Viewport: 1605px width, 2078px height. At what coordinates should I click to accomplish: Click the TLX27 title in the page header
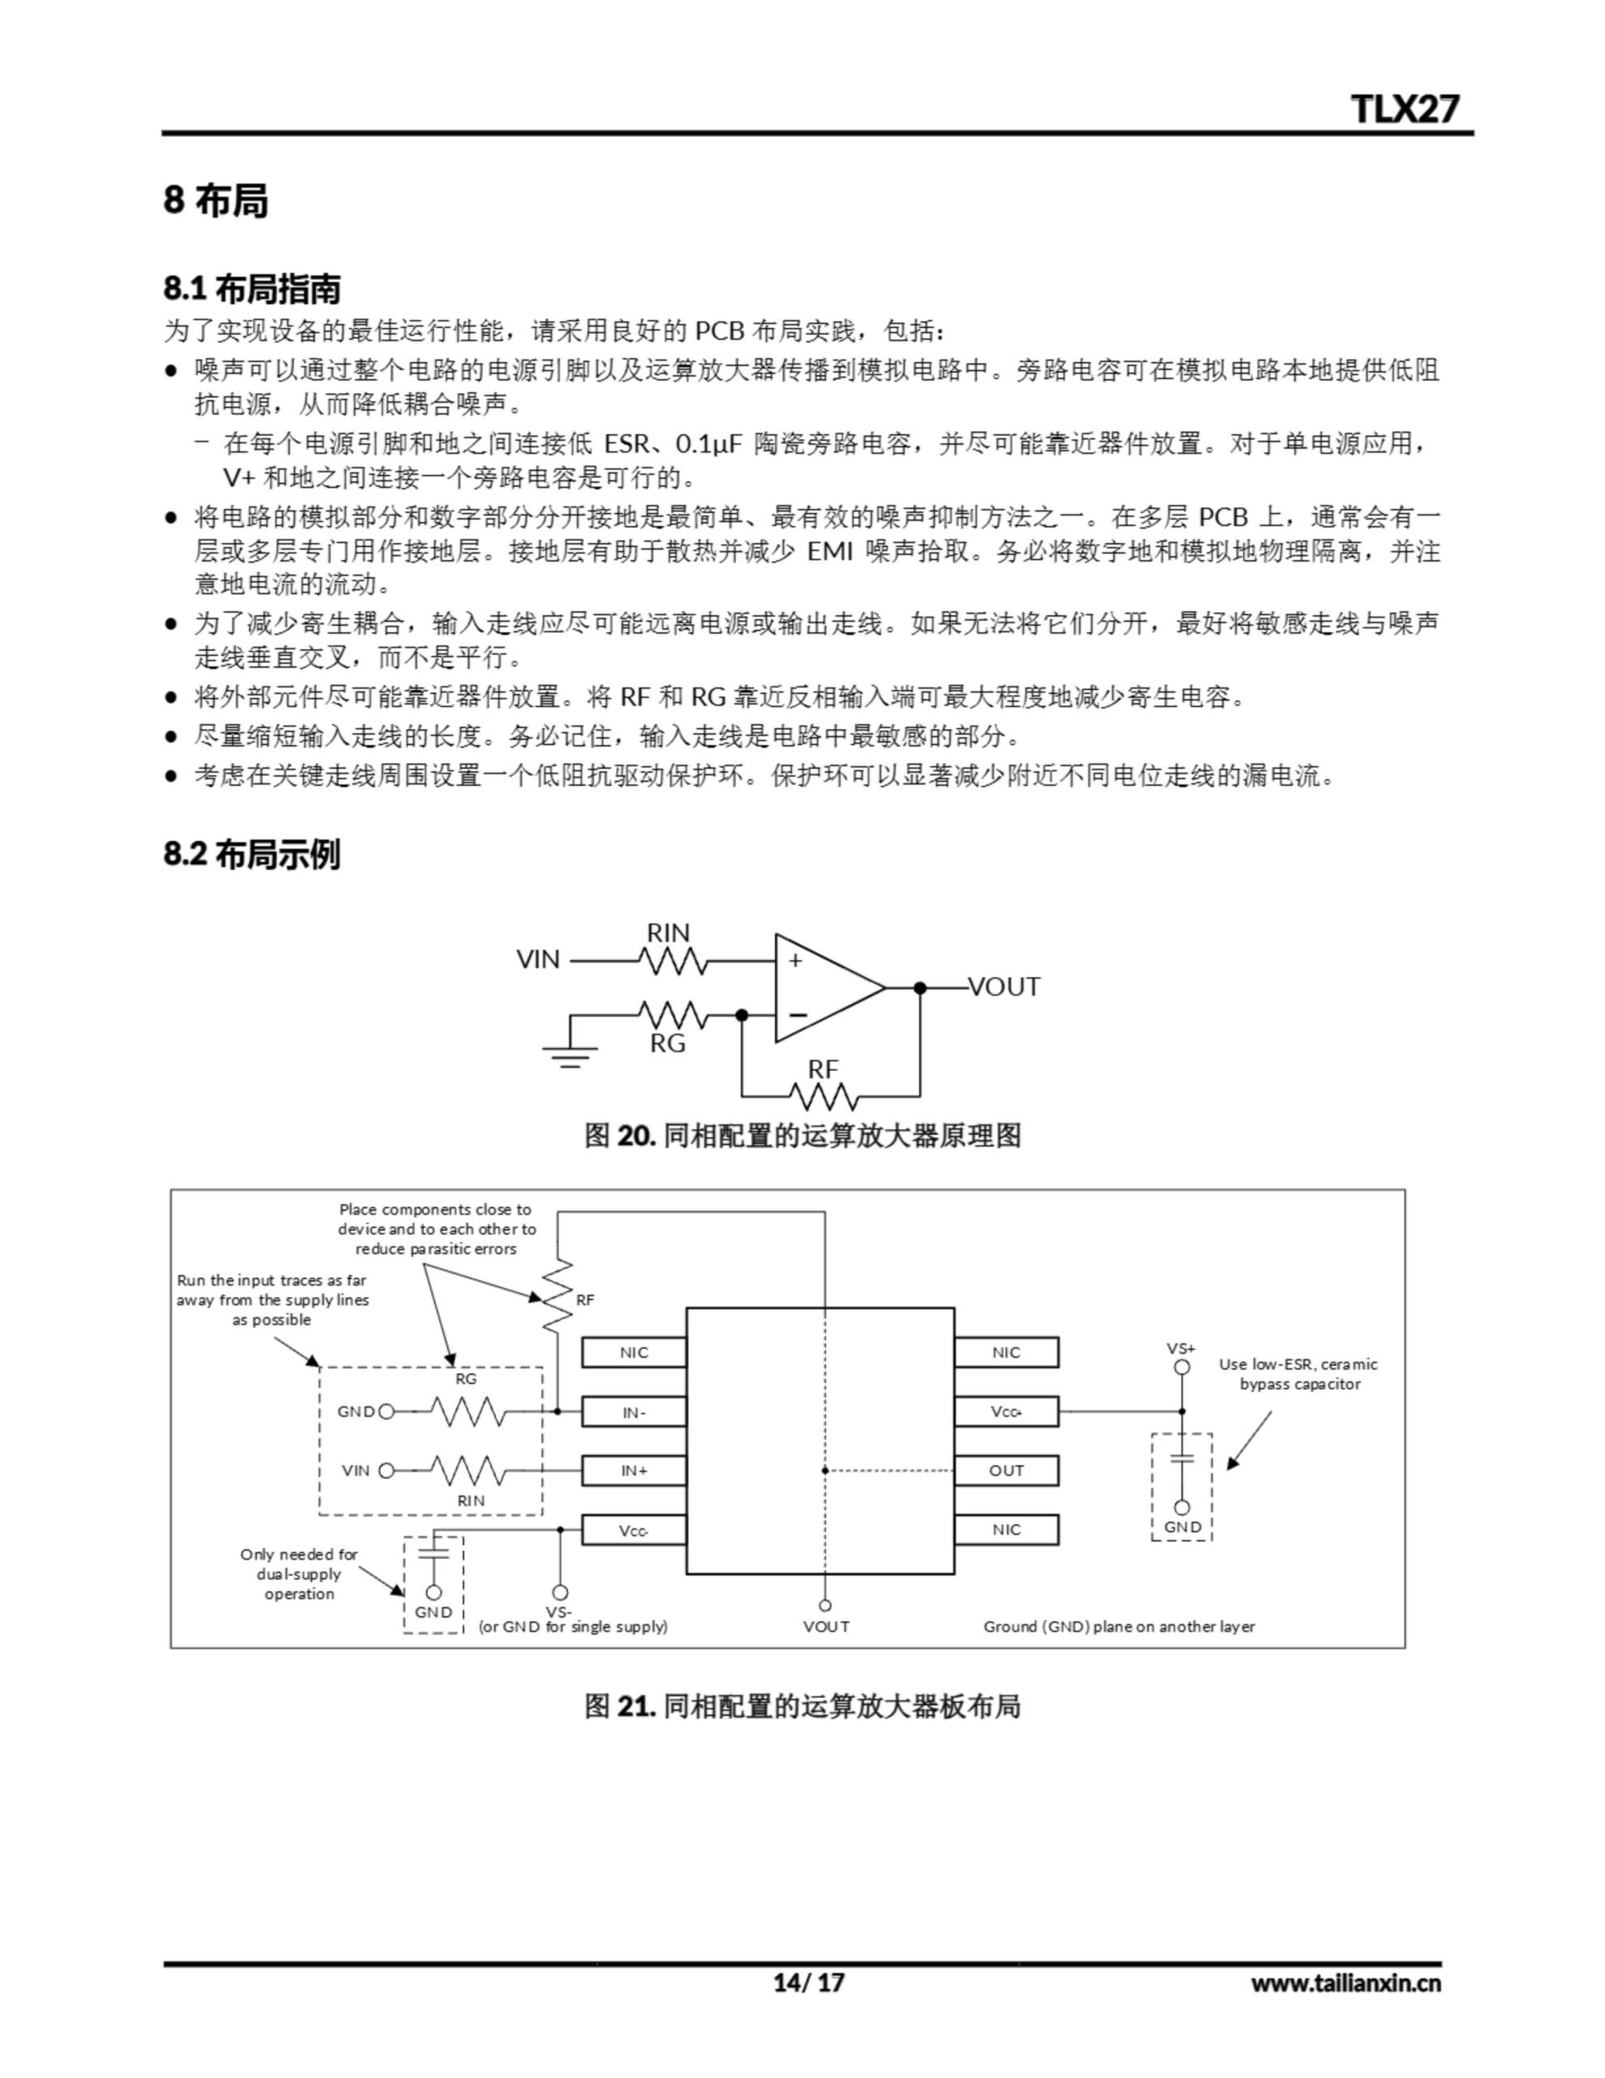pyautogui.click(x=1405, y=109)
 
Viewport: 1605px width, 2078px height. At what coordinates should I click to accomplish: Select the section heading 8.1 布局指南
pyautogui.click(x=252, y=288)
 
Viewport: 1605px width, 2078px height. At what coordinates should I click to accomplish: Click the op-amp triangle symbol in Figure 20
pyautogui.click(x=824, y=988)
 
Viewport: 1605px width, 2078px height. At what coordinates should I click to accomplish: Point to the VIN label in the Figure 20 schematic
pyautogui.click(x=539, y=960)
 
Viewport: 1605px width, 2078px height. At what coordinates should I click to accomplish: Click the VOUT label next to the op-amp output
pyautogui.click(x=1004, y=988)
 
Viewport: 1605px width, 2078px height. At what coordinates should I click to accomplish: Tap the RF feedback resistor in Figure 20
pyautogui.click(x=823, y=1098)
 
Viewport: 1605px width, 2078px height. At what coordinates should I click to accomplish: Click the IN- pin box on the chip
pyautogui.click(x=634, y=1412)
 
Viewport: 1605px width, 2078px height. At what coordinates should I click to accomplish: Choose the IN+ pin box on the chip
pyautogui.click(x=634, y=1471)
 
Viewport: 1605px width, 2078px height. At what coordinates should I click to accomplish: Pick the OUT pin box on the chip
pyautogui.click(x=1005, y=1471)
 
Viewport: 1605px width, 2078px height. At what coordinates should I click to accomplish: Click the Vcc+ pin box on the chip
pyautogui.click(x=1005, y=1412)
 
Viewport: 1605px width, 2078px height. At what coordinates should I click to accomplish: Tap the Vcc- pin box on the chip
pyautogui.click(x=634, y=1530)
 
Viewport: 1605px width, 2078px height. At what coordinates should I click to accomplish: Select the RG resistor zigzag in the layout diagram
pyautogui.click(x=467, y=1411)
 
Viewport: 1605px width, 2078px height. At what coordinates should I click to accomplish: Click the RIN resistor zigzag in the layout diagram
pyautogui.click(x=467, y=1471)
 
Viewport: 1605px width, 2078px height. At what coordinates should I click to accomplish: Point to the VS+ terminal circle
pyautogui.click(x=1181, y=1367)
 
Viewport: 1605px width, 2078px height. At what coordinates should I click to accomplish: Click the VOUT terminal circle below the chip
pyautogui.click(x=825, y=1605)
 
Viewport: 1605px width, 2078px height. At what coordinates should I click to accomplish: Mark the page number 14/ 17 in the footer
pyautogui.click(x=807, y=1982)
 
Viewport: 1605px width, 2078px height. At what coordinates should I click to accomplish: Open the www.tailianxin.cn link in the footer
pyautogui.click(x=1345, y=1982)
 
